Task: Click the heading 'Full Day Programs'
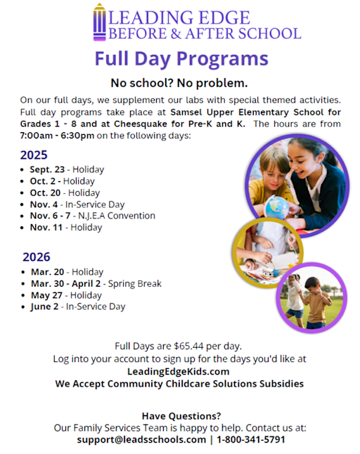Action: point(181,58)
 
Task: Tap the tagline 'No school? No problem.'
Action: point(181,82)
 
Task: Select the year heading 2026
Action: point(37,257)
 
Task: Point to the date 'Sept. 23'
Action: point(46,170)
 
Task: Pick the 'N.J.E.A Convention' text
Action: point(116,216)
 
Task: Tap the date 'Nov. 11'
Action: point(47,227)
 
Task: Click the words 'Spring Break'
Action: point(135,284)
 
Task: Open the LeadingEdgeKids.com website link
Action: point(180,371)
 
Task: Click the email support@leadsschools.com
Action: point(141,439)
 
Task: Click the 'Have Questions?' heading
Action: point(181,415)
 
